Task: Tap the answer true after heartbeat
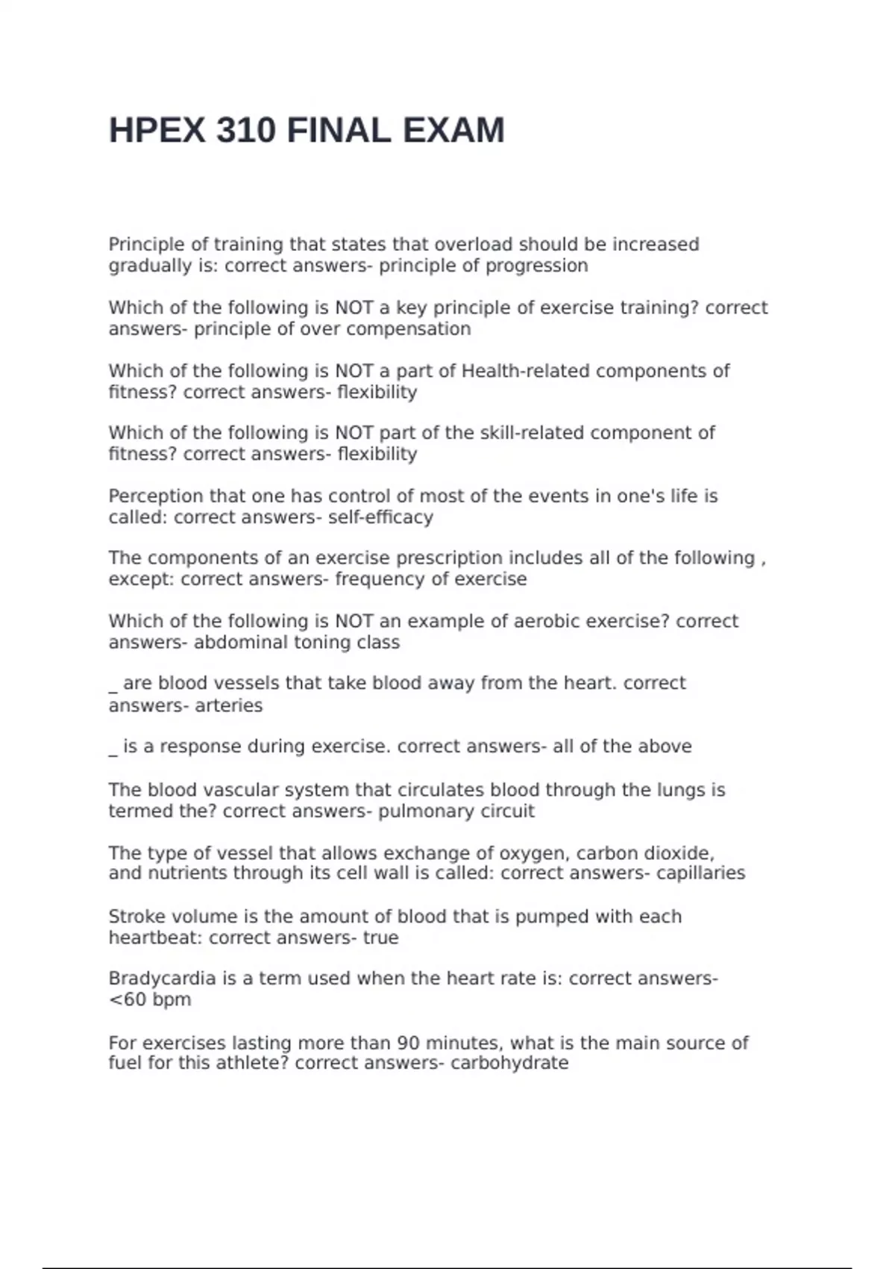tap(380, 938)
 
